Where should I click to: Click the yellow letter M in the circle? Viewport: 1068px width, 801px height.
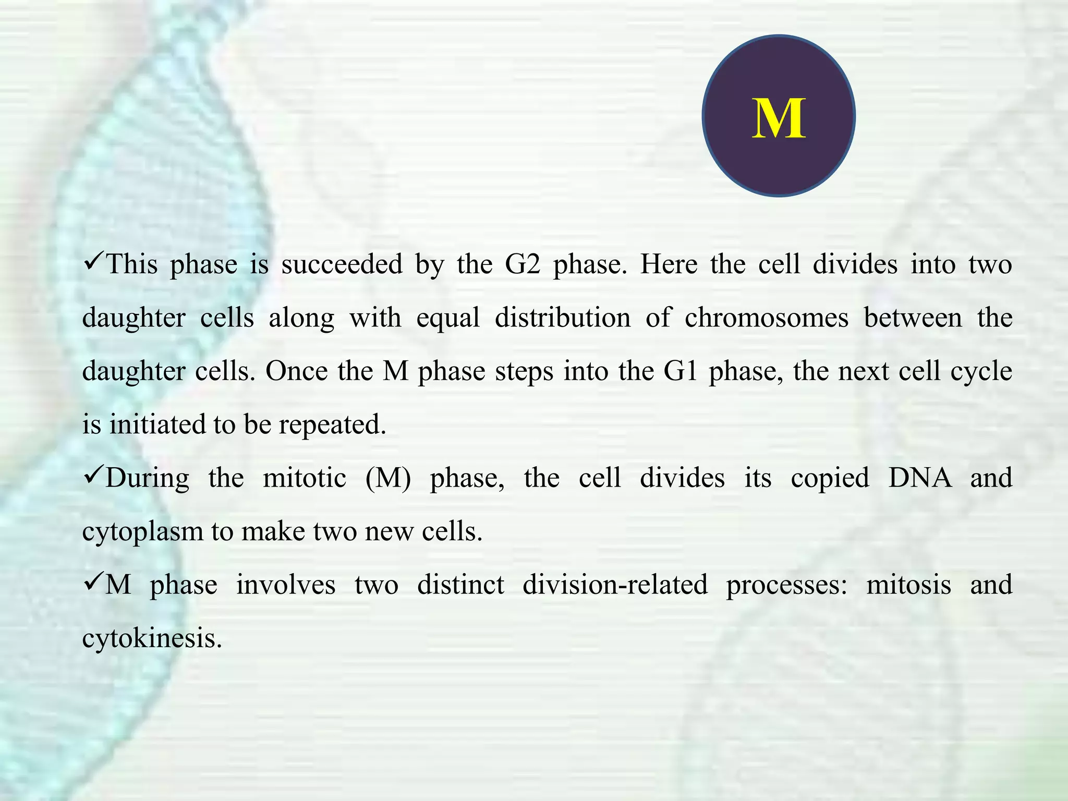pyautogui.click(x=779, y=119)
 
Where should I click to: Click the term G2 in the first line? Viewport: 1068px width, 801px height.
pyautogui.click(x=522, y=264)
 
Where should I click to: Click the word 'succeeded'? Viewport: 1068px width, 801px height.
pyautogui.click(x=342, y=264)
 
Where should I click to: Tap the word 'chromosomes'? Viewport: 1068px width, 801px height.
pyautogui.click(x=766, y=318)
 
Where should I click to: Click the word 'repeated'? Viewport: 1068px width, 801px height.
pyautogui.click(x=332, y=425)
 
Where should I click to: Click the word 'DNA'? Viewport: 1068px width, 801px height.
pyautogui.click(x=920, y=478)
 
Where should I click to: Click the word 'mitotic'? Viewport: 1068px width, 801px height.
pyautogui.click(x=304, y=478)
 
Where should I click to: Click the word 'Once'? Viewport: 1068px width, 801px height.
pyautogui.click(x=296, y=371)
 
